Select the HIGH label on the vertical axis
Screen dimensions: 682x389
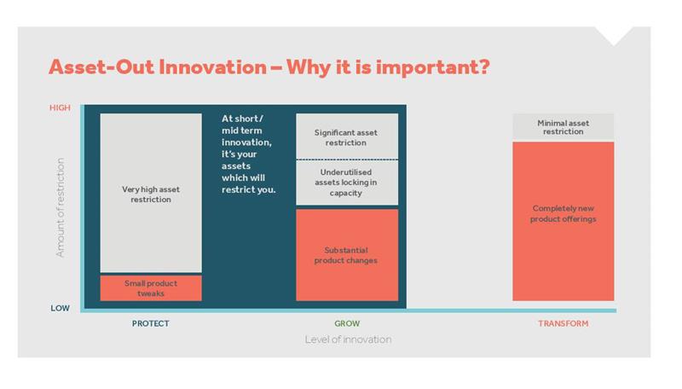coord(60,107)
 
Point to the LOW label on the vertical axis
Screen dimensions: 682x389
coord(60,308)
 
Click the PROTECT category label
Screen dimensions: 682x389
coord(151,323)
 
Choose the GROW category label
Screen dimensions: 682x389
coord(347,323)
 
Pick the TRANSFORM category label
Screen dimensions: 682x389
coord(564,323)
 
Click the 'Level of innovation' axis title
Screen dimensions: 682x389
coord(348,340)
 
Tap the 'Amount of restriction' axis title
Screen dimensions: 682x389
coord(60,207)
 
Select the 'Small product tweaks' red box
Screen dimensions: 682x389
coord(151,288)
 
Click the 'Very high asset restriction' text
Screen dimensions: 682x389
coord(151,194)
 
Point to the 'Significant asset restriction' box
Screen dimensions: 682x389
coord(347,136)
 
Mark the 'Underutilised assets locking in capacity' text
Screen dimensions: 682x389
coord(346,183)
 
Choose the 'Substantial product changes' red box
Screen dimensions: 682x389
coord(347,255)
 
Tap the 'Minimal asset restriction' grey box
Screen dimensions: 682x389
coord(564,126)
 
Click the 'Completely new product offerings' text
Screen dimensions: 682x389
coord(564,213)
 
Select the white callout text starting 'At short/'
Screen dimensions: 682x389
coord(248,154)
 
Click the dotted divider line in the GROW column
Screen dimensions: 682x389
coord(347,160)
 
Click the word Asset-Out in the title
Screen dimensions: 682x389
coord(101,67)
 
